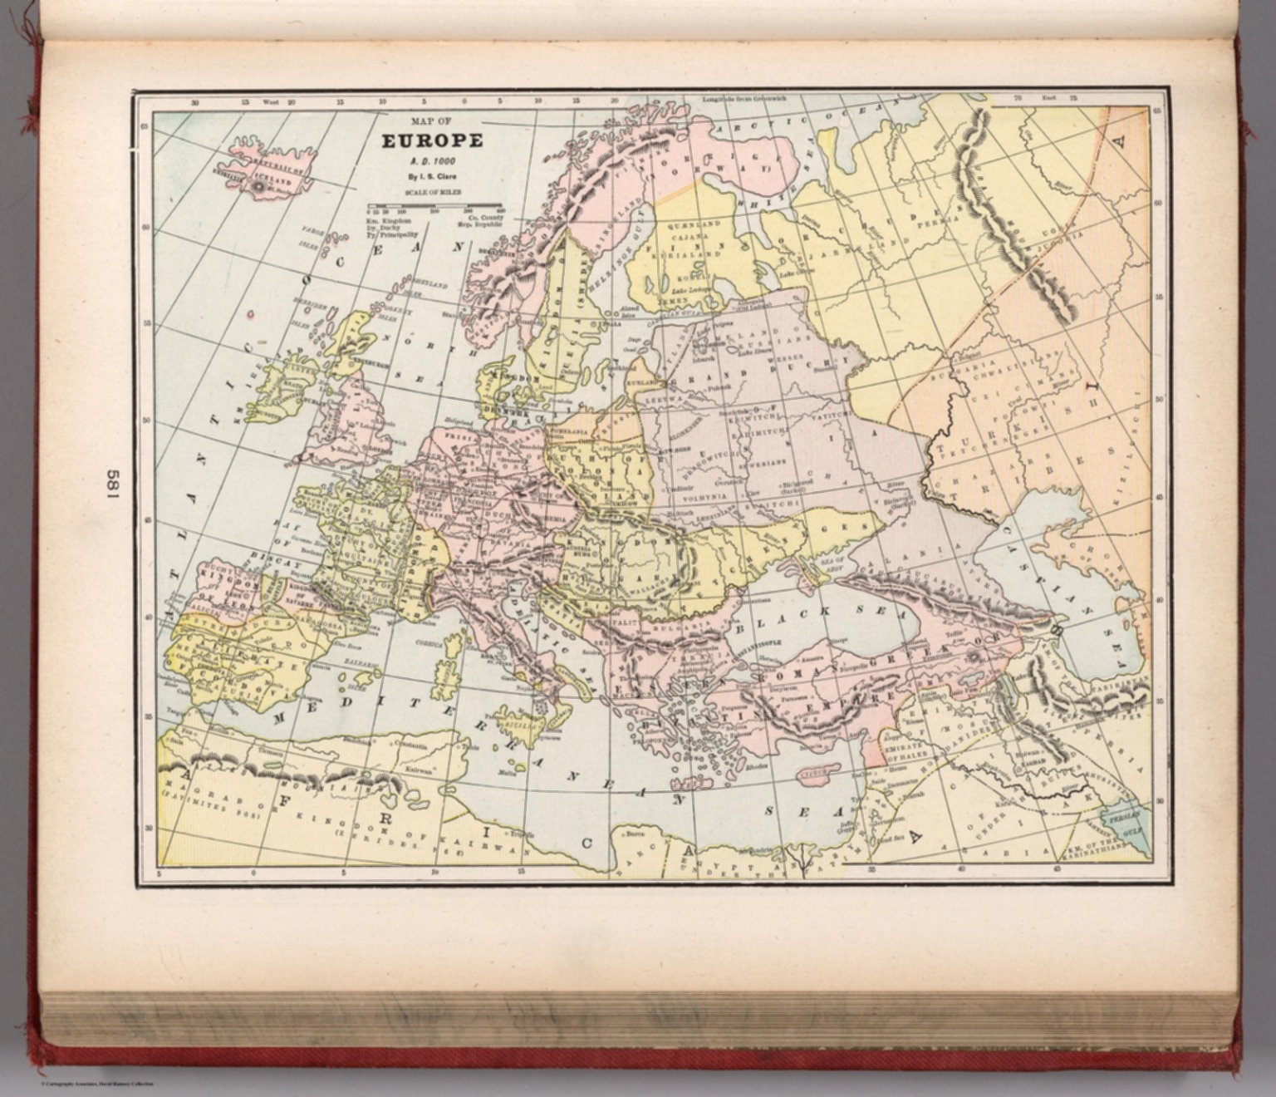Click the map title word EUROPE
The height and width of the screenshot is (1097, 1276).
pos(432,140)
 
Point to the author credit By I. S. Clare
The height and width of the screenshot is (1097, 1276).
pos(432,176)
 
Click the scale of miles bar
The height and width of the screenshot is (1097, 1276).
pos(434,204)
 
